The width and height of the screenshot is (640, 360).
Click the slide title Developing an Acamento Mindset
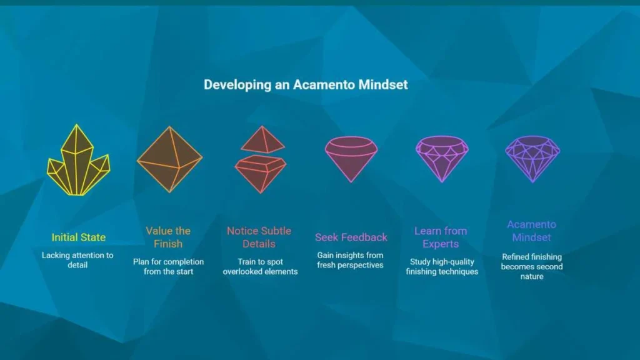coord(306,84)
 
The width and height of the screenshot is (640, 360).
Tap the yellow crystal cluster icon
coord(78,160)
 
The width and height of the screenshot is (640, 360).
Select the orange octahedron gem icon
coord(169,159)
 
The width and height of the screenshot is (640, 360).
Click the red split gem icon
coord(261,159)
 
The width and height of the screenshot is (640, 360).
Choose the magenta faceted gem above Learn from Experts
coord(442,159)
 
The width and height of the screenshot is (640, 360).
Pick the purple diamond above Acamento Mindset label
coord(532,159)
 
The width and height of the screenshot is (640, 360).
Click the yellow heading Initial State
coord(78,237)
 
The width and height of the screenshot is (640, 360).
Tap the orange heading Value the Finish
coord(168,237)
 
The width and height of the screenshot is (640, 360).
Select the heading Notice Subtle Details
coord(259,237)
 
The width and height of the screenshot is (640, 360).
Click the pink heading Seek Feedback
coord(351,237)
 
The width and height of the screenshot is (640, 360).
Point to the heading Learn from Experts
coord(441,237)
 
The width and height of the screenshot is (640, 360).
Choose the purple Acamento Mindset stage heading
coord(531,231)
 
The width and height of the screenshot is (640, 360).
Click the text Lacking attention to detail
coord(77,260)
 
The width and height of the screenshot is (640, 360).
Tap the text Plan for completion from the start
coord(168,266)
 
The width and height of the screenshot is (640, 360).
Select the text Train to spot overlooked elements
coord(260,266)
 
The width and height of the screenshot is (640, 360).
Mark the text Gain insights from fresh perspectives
coord(350,260)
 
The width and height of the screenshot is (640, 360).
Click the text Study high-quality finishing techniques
coord(442,266)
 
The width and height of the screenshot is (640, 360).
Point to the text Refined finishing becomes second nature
coord(532,266)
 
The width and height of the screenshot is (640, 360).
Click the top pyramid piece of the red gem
coord(262,140)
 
